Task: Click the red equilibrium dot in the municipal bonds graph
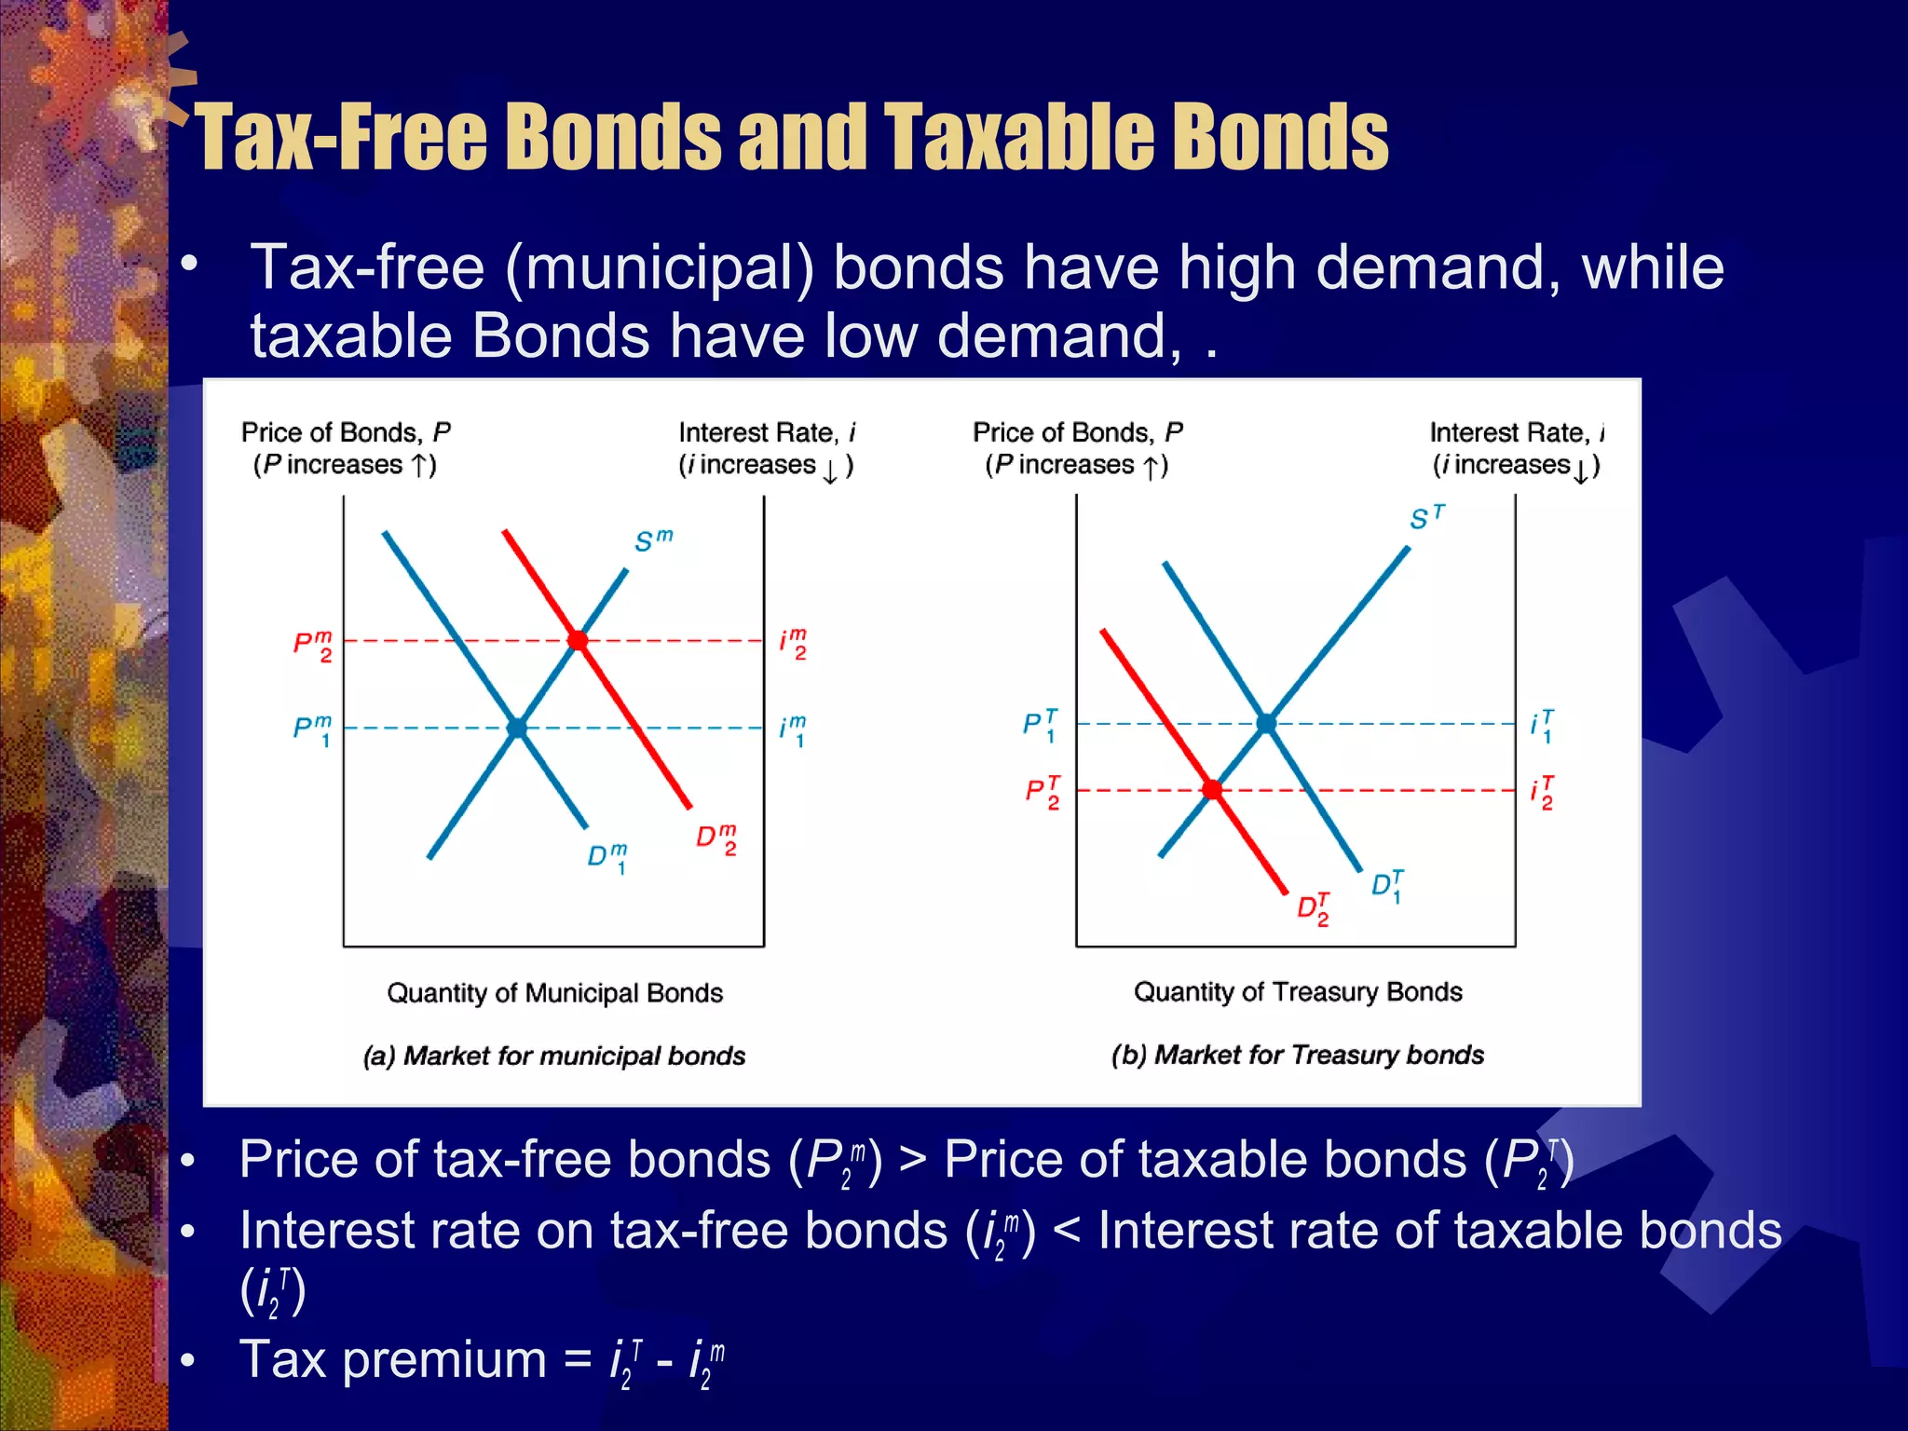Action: click(578, 640)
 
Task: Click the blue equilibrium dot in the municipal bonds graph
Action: click(517, 728)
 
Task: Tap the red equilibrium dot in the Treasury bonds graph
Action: click(1212, 789)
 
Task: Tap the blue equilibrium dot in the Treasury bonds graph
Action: click(1266, 723)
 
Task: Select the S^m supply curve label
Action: click(653, 540)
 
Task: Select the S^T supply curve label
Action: click(1426, 517)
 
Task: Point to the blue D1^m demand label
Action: click(607, 857)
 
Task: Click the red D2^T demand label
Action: click(1314, 908)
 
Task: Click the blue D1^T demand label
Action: click(1387, 885)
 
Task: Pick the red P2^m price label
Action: click(313, 645)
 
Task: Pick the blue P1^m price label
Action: click(313, 730)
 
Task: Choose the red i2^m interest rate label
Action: click(793, 644)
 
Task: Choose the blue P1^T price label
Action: click(1041, 726)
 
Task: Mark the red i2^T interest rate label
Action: click(1542, 793)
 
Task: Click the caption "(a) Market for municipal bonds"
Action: click(554, 1056)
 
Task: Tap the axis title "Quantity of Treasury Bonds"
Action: click(1298, 992)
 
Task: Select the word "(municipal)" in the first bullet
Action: click(660, 269)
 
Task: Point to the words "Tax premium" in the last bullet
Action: click(392, 1359)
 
